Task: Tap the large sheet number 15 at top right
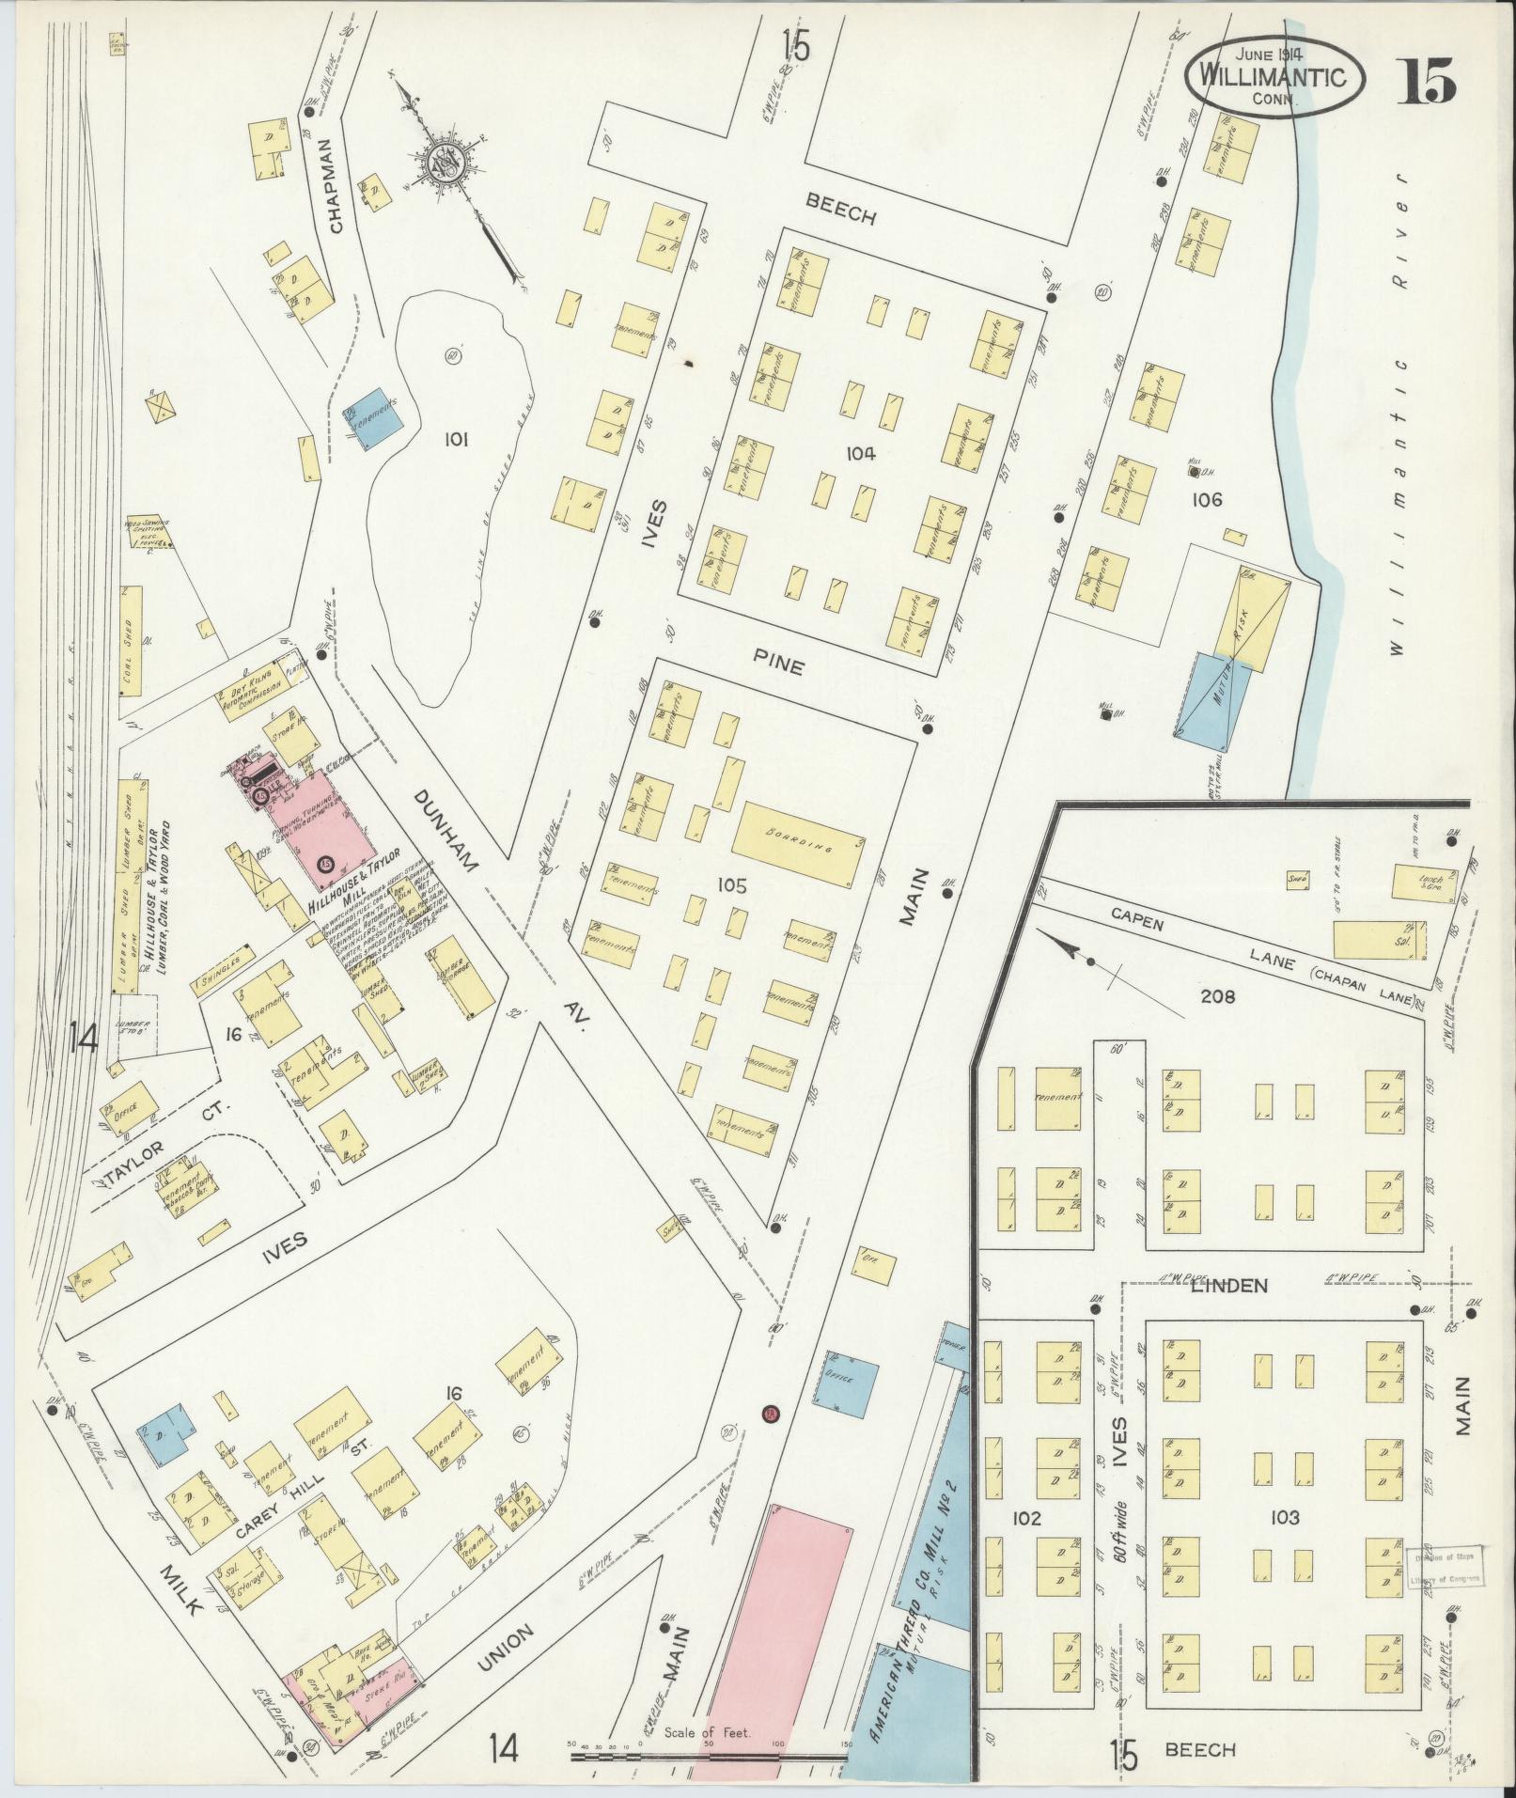tap(1426, 82)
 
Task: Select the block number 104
tap(860, 454)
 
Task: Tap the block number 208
tap(1217, 997)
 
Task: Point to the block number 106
tap(1207, 500)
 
